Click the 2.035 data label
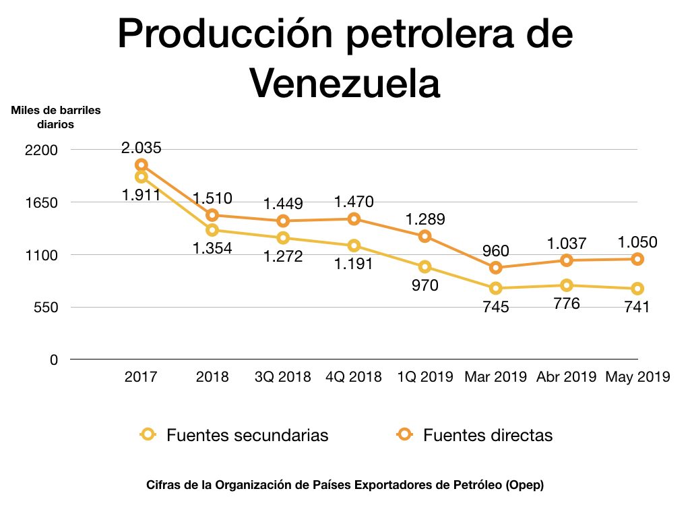142,148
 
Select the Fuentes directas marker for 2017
141,165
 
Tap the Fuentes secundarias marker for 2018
212,230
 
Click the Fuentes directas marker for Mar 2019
495,268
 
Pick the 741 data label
637,307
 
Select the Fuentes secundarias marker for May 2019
637,289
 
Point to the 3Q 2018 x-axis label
282,376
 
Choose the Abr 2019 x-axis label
567,376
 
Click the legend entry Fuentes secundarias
247,435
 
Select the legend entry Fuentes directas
487,435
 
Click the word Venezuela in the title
345,83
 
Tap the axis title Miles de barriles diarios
56,117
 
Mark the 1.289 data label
425,219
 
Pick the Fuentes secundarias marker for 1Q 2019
425,267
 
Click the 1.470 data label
354,201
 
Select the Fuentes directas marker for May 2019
637,259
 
